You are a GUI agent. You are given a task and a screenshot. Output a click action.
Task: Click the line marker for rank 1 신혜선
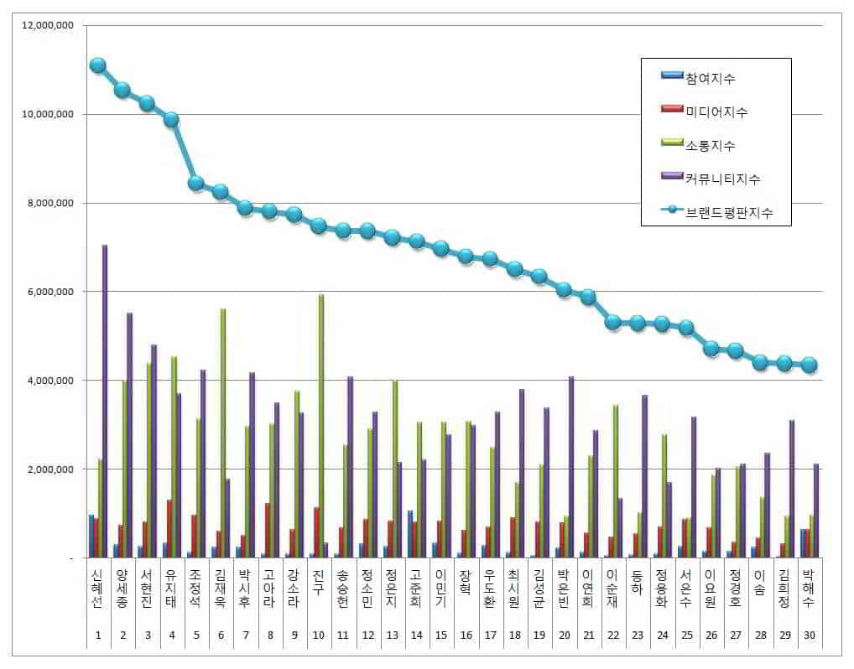(x=97, y=65)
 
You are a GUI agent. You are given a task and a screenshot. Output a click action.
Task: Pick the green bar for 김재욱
(x=222, y=433)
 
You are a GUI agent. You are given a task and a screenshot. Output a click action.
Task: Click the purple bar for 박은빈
(x=571, y=466)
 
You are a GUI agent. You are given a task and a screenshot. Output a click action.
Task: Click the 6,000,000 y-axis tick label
(x=49, y=292)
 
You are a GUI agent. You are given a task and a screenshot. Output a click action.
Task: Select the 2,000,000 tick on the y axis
(x=49, y=469)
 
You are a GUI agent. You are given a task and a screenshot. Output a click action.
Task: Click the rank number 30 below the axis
(x=809, y=635)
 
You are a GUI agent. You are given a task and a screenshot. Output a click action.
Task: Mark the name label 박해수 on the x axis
(x=809, y=591)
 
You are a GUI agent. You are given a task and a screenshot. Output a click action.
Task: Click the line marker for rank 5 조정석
(x=196, y=183)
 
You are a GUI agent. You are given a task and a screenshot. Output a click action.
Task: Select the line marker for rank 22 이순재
(x=613, y=322)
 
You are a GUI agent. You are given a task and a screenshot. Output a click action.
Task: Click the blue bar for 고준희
(x=410, y=533)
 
